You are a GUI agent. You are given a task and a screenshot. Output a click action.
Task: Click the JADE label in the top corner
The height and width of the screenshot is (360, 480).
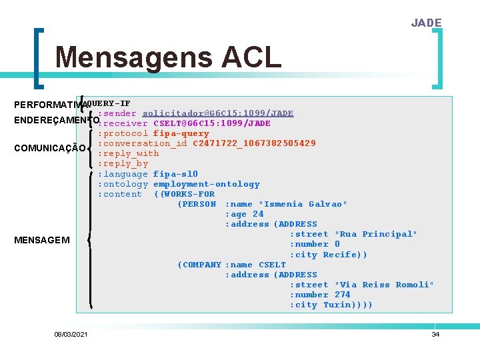pyautogui.click(x=426, y=23)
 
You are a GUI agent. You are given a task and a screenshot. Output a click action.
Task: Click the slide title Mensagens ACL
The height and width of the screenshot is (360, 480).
pyautogui.click(x=168, y=58)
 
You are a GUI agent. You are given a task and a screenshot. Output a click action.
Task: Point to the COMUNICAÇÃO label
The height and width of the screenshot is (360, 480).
pyautogui.click(x=49, y=148)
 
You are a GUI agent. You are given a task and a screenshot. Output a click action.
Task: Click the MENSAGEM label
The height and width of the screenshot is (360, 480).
pyautogui.click(x=41, y=240)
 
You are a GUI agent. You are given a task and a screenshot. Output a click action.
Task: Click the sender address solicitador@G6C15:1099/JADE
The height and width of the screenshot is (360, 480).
pyautogui.click(x=218, y=113)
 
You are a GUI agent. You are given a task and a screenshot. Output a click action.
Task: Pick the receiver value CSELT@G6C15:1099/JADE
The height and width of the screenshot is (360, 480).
pyautogui.click(x=211, y=123)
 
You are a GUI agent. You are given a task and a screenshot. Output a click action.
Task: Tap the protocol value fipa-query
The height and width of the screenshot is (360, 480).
pyautogui.click(x=181, y=133)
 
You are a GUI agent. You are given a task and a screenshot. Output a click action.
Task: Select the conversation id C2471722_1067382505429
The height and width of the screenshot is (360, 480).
pyautogui.click(x=254, y=143)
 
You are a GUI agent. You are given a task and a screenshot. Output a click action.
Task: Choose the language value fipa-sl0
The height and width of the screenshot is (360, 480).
pyautogui.click(x=175, y=174)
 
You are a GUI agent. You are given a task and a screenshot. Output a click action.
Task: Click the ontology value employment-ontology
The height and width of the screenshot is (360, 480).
pyautogui.click(x=207, y=184)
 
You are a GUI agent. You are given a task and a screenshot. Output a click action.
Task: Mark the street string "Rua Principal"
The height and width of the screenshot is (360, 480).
pyautogui.click(x=375, y=234)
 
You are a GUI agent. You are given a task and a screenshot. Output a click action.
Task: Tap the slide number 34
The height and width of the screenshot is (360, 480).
pyautogui.click(x=435, y=334)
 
